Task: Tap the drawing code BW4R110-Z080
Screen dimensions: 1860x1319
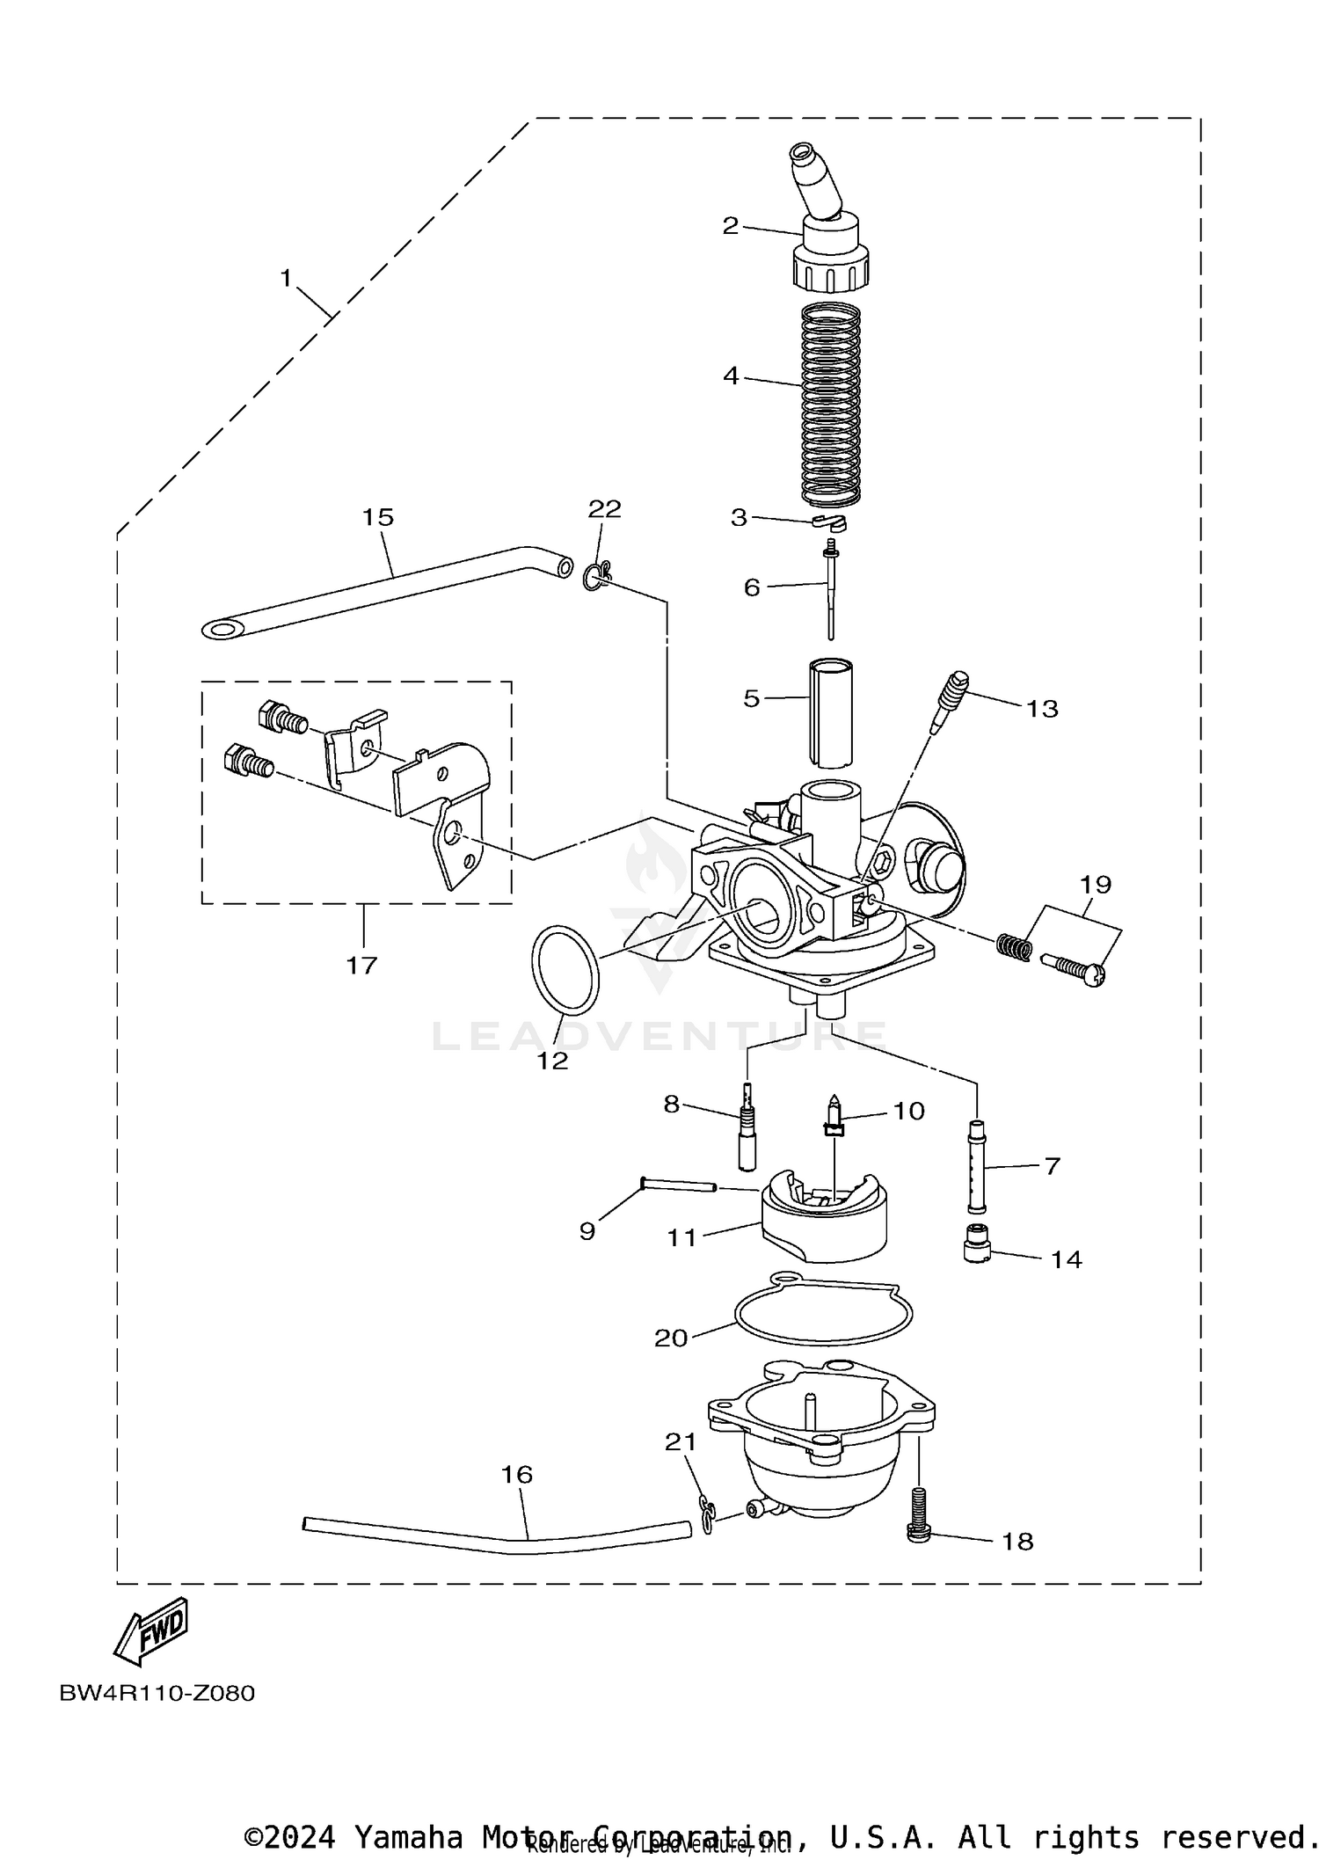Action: coord(157,1693)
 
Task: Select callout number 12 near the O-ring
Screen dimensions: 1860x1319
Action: coord(553,1061)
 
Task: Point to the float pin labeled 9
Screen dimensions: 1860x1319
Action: coord(679,1185)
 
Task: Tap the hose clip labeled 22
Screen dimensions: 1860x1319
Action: coord(596,576)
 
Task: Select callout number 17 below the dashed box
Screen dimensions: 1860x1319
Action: coord(361,965)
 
